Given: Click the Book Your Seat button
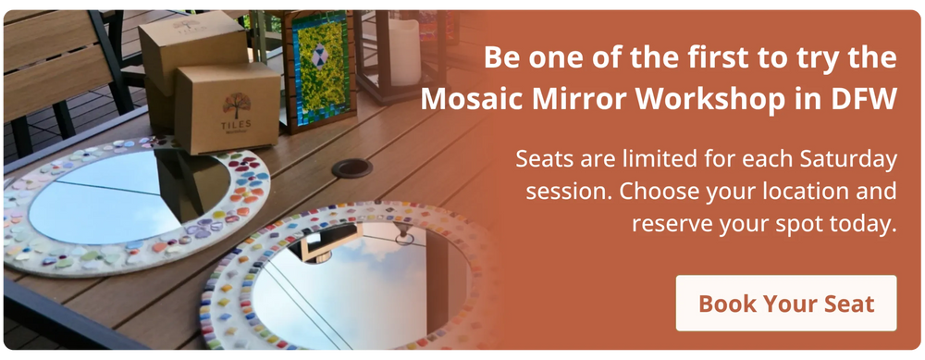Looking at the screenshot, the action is (785, 303).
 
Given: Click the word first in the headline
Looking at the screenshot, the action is (666, 57).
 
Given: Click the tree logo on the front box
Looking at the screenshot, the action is (237, 105).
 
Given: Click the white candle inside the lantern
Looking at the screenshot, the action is (404, 52).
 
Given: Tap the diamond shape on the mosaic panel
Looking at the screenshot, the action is (319, 56).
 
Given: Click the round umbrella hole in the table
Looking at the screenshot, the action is (352, 168).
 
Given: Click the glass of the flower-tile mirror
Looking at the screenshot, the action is (129, 194).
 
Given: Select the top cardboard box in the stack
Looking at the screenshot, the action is (193, 53).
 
